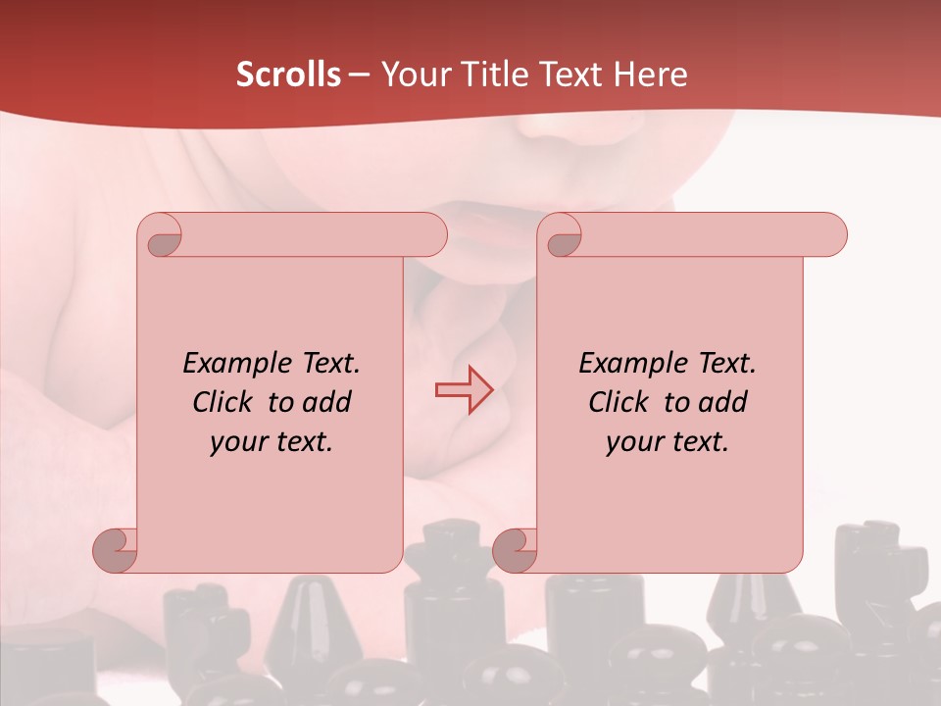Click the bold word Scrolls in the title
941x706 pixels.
[288, 74]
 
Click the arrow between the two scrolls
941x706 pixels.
[464, 390]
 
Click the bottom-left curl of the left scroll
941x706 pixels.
[116, 550]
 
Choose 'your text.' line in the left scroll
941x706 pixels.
[272, 441]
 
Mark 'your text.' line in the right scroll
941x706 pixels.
[668, 441]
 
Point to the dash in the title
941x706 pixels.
[359, 75]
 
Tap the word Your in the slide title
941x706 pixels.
[413, 74]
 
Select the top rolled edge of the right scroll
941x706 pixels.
[706, 235]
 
